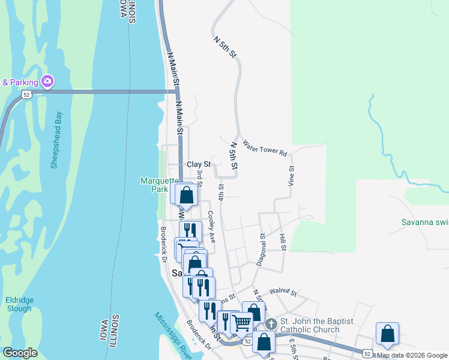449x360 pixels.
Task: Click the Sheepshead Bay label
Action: (56, 140)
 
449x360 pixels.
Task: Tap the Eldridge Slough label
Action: (19, 304)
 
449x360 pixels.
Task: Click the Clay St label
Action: (199, 164)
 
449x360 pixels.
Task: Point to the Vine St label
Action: (291, 175)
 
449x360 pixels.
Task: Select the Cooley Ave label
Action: (211, 226)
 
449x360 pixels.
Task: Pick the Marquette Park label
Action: (158, 185)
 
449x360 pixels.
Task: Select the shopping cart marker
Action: (241, 323)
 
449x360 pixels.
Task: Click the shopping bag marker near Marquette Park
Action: (187, 194)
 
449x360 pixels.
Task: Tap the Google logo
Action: (20, 353)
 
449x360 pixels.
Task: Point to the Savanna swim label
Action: (425, 222)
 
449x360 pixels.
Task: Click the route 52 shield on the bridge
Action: (25, 94)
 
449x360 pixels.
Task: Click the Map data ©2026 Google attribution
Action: (412, 355)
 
